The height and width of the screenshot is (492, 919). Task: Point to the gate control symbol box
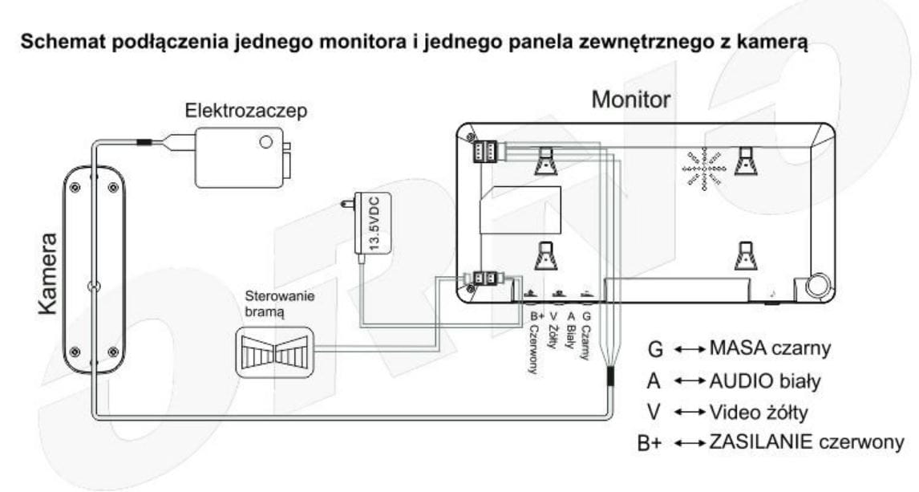click(x=274, y=352)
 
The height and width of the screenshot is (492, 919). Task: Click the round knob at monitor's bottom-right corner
click(x=818, y=286)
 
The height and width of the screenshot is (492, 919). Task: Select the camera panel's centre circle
click(x=95, y=286)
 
